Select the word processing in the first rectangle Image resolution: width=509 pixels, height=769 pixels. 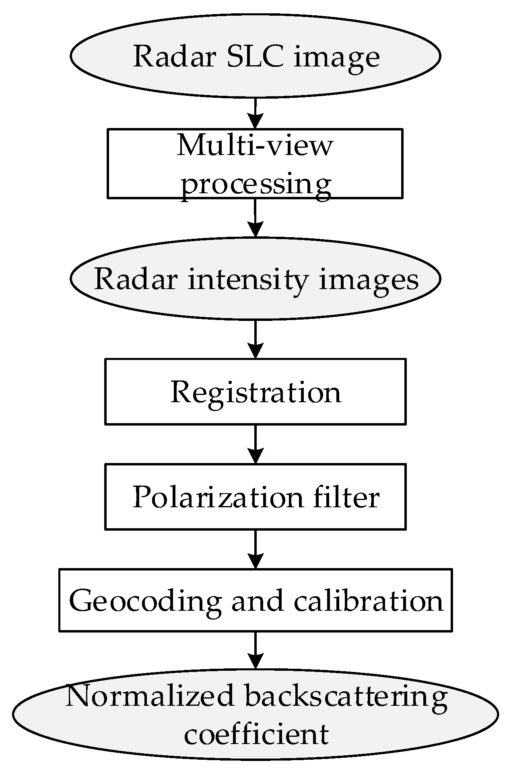[256, 184]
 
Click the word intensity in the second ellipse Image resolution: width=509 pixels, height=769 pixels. [248, 279]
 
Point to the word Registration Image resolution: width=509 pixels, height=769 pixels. [256, 392]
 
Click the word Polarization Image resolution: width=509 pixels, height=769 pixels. [217, 497]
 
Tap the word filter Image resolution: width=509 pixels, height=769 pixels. [346, 497]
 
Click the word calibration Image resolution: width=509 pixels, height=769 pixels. [368, 600]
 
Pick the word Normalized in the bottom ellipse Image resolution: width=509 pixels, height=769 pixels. [149, 696]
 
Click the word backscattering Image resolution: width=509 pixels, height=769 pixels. [346, 696]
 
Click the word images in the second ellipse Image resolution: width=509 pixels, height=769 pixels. [369, 279]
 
